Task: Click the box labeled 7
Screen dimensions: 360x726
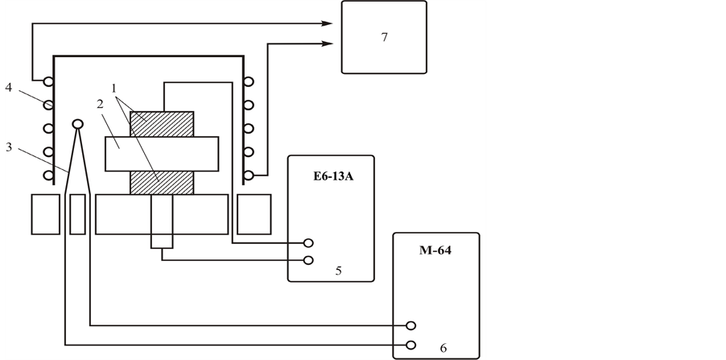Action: click(385, 37)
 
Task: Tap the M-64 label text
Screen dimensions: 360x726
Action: click(435, 250)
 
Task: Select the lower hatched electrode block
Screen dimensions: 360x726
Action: click(162, 182)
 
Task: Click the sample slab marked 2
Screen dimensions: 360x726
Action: click(162, 153)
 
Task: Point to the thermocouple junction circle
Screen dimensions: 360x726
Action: click(78, 124)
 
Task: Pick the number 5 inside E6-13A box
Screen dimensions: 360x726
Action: click(339, 271)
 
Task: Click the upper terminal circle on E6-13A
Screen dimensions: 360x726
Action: click(307, 242)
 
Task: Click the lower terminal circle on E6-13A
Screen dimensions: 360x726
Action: click(307, 259)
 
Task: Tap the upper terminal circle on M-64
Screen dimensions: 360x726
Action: click(411, 325)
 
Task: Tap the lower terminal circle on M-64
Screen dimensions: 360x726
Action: click(411, 346)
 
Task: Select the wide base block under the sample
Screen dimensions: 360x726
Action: click(161, 213)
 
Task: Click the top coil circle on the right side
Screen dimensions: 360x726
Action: click(250, 81)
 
